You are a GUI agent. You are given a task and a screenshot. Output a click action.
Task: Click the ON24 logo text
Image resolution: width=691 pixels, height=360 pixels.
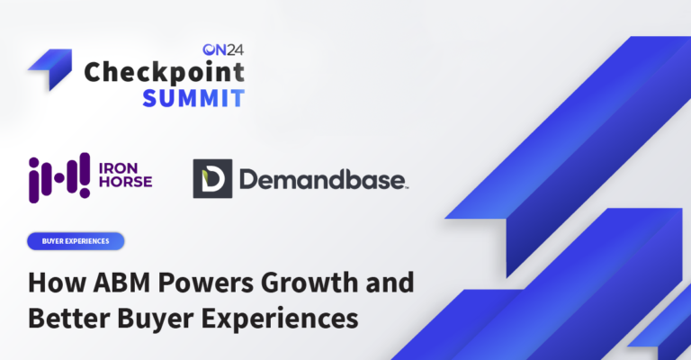[223, 49]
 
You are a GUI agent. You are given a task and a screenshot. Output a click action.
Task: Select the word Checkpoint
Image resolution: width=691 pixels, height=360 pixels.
[164, 73]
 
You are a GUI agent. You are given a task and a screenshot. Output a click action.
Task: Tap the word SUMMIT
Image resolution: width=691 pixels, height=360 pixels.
[193, 98]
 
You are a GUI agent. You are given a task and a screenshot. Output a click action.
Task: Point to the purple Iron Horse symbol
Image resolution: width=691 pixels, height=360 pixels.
[59, 177]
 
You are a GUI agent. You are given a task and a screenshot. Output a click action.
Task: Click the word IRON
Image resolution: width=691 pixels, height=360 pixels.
[118, 168]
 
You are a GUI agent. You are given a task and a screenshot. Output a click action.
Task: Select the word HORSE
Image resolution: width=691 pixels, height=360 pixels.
[125, 182]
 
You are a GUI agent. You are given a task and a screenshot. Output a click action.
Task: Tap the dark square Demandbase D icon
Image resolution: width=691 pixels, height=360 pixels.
[212, 178]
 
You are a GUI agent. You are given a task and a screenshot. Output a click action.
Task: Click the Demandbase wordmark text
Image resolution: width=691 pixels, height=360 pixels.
[324, 179]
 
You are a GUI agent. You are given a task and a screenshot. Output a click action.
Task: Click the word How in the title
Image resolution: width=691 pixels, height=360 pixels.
[57, 283]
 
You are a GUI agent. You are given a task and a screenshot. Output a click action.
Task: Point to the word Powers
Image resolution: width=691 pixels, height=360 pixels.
[205, 283]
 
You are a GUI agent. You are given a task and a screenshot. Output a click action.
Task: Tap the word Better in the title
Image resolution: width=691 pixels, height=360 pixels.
[69, 318]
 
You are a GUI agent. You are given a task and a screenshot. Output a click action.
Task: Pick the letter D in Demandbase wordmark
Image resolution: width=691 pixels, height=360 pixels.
[248, 179]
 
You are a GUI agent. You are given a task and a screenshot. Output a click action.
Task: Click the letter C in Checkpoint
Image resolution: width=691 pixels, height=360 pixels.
[94, 73]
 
